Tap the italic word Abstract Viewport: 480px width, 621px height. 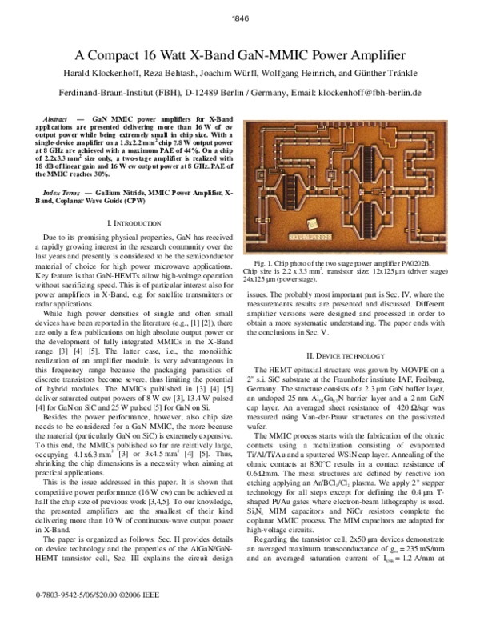pos(54,117)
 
